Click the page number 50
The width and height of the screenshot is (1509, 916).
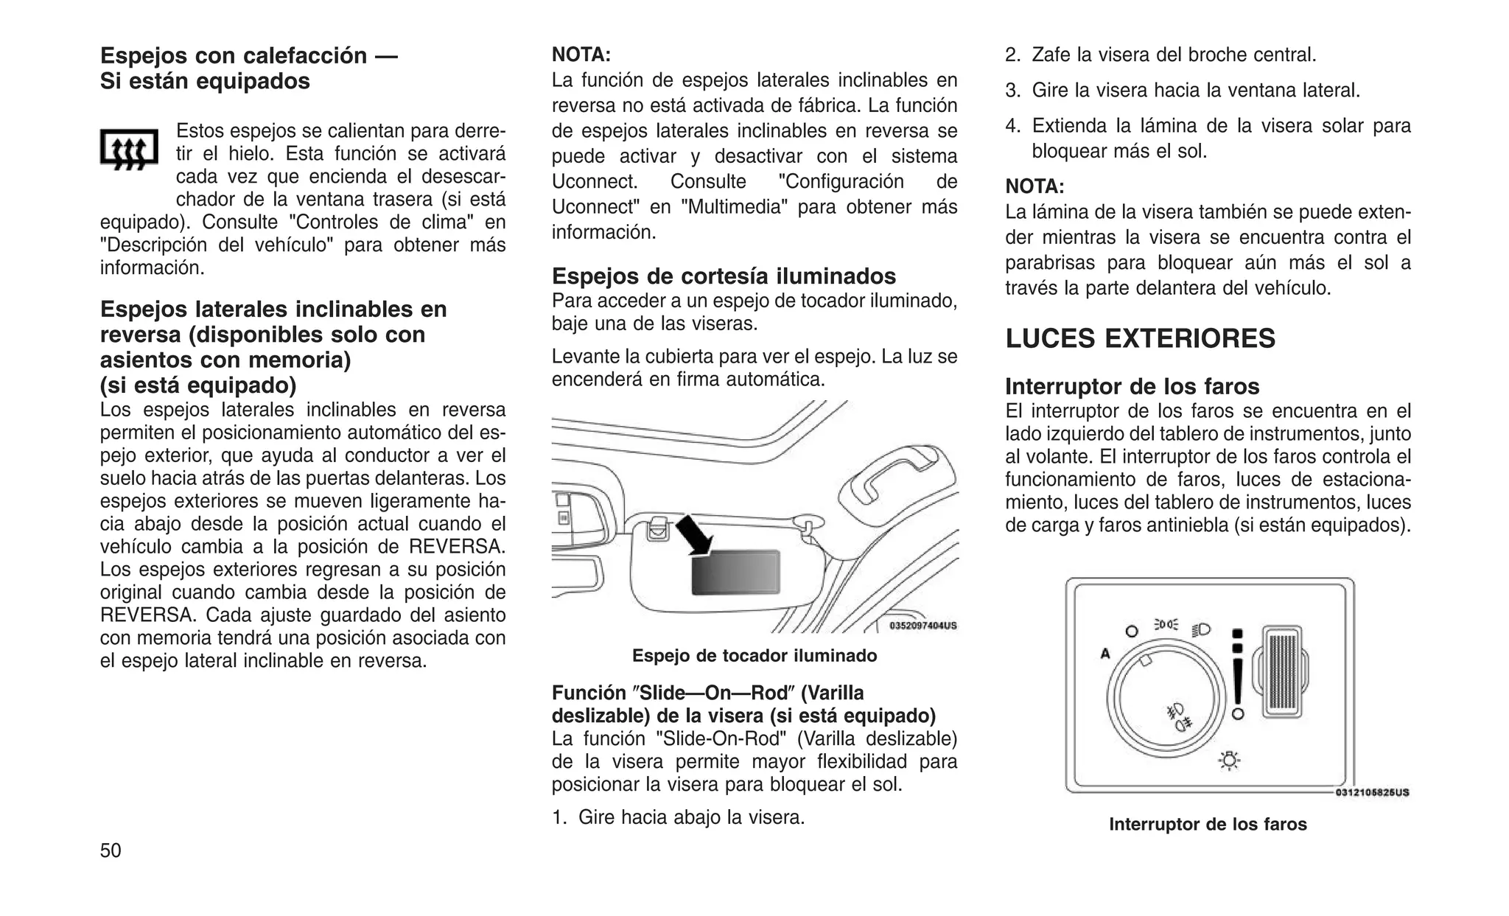point(111,851)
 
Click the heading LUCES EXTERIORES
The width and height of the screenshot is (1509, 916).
point(1140,338)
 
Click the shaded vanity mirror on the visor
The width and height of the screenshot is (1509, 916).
point(735,573)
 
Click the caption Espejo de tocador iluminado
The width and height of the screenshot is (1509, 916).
point(754,656)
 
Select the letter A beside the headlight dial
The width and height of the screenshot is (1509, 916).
point(1104,653)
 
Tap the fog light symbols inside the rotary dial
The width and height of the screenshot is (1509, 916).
point(1177,717)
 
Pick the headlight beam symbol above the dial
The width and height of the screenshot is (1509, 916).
point(1200,629)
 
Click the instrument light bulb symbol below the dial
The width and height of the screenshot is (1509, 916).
point(1229,761)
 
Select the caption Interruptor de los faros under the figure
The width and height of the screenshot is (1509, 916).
point(1208,824)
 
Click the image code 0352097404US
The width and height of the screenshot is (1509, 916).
point(922,626)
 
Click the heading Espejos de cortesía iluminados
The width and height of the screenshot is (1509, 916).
point(724,276)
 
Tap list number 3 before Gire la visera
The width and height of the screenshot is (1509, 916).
point(1012,91)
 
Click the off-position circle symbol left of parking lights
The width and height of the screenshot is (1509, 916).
point(1132,632)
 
